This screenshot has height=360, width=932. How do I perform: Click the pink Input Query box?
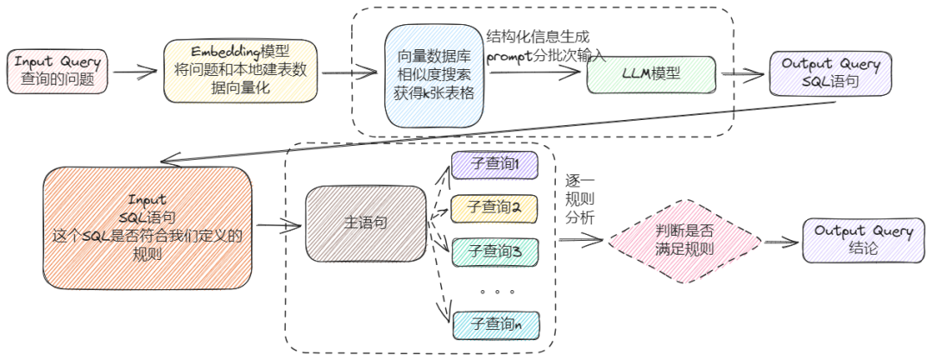(59, 72)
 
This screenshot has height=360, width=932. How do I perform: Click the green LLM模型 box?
(652, 74)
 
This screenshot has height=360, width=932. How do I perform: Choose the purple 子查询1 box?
(494, 165)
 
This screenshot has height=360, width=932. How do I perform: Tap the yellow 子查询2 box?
(494, 208)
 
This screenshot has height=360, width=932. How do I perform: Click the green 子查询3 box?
(494, 251)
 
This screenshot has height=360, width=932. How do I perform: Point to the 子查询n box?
(494, 325)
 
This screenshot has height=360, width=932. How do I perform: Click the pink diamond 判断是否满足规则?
(685, 242)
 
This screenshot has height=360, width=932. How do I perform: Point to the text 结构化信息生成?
(538, 38)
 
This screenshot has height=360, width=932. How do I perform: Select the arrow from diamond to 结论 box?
(782, 243)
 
